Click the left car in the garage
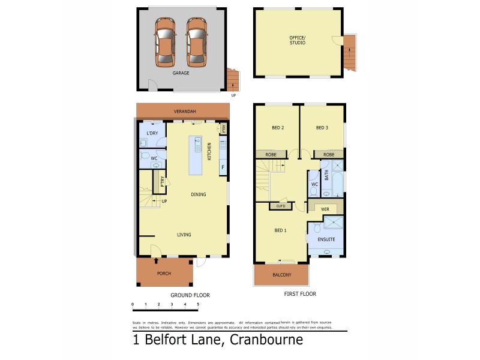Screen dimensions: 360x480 tap(164, 42)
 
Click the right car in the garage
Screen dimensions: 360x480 tap(196, 42)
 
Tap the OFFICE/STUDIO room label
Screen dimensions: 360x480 tap(297, 40)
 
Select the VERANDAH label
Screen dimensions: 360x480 tap(184, 112)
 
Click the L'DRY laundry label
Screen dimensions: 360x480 tap(152, 133)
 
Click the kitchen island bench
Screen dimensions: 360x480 tap(196, 155)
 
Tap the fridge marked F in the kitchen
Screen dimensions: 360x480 tap(223, 167)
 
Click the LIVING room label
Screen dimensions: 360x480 tap(184, 235)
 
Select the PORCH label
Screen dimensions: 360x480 tap(164, 274)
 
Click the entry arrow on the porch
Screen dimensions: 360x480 tap(157, 261)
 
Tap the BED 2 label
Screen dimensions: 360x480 tap(278, 127)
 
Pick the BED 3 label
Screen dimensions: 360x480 tap(322, 127)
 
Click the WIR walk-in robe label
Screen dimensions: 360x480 tap(325, 209)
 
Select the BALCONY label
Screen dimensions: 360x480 tap(281, 275)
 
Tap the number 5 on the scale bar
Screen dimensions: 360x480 tap(198, 305)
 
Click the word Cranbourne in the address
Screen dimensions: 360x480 tap(265, 340)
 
